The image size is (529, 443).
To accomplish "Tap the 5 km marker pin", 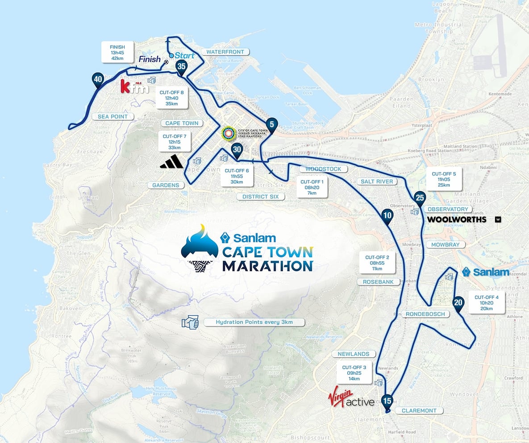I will click(271, 123).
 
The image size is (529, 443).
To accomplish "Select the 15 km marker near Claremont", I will click(387, 401).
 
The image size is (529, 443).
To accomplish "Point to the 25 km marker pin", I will click(420, 197).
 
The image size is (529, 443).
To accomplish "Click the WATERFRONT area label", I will click(225, 52).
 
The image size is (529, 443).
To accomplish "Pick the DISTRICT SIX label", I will click(260, 196).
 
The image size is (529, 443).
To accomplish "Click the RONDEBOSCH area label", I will click(425, 314).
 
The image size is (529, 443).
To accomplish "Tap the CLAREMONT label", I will click(419, 410).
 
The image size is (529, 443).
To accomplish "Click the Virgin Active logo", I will click(351, 398).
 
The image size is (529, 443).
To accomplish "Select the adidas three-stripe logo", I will click(171, 163).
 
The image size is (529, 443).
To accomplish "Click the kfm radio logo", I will click(132, 87).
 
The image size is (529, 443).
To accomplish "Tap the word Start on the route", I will click(185, 55).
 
